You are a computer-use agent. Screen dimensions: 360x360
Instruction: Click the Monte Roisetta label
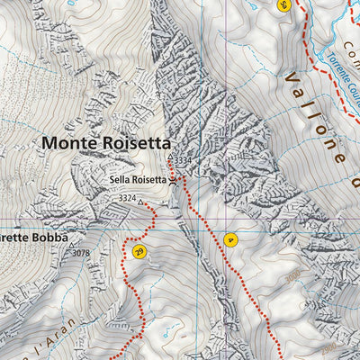pyautogui.click(x=104, y=142)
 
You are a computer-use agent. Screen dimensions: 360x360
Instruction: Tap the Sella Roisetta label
pyautogui.click(x=138, y=179)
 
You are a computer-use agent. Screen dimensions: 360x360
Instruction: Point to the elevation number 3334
pyautogui.click(x=184, y=161)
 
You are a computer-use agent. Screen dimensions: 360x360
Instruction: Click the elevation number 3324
pyautogui.click(x=127, y=198)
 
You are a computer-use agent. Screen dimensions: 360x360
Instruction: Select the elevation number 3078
pyautogui.click(x=82, y=254)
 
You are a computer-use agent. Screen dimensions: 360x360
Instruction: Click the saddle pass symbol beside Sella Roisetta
pyautogui.click(x=173, y=179)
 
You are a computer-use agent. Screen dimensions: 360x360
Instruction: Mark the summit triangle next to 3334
pyautogui.click(x=169, y=157)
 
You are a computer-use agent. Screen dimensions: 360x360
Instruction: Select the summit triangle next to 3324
pyautogui.click(x=141, y=202)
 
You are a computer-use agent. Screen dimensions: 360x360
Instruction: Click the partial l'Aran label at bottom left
pyautogui.click(x=18, y=349)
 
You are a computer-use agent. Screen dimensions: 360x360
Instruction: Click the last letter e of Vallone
pyautogui.click(x=340, y=157)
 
